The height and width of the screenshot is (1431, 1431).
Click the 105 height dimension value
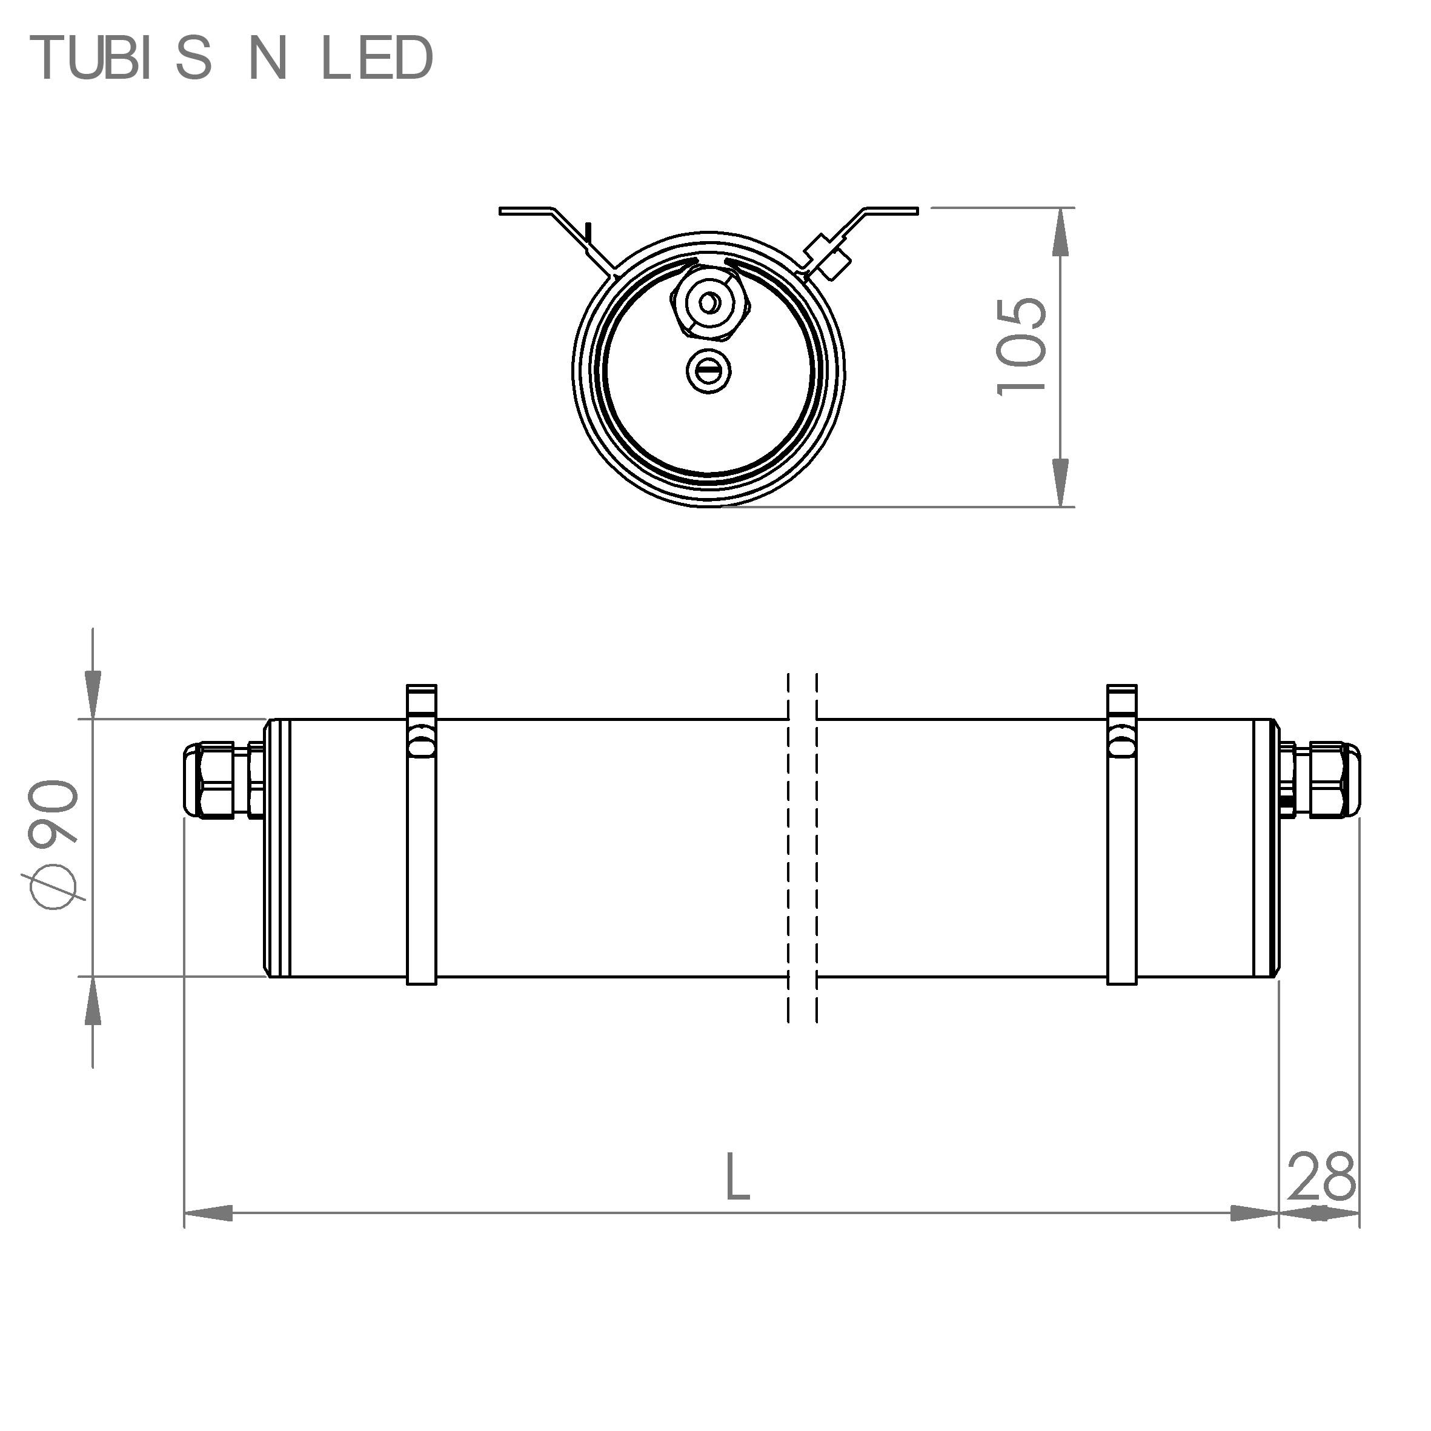point(1022,347)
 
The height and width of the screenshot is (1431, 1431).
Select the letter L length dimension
point(737,1177)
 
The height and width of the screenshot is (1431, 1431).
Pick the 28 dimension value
point(1321,1178)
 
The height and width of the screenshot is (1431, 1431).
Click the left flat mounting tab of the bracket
point(526,211)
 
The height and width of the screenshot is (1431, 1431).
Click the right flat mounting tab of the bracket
point(893,210)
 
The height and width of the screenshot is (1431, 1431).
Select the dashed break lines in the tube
point(802,849)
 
